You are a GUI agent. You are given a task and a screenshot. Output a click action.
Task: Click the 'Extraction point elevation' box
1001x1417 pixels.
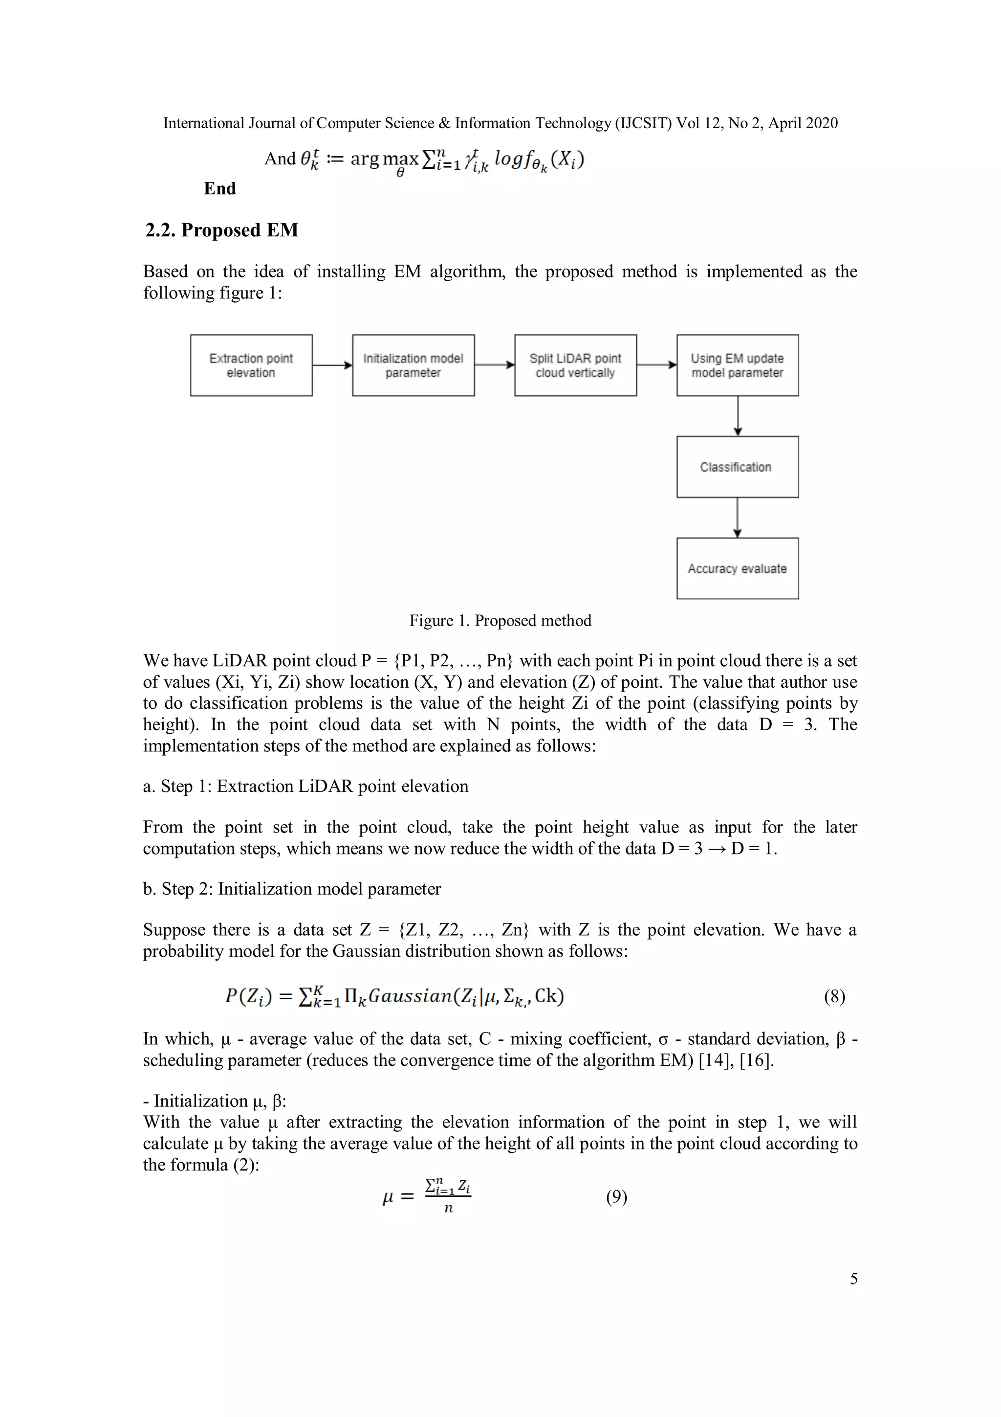pos(251,365)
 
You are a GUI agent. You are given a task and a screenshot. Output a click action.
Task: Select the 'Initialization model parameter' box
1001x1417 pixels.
pos(413,365)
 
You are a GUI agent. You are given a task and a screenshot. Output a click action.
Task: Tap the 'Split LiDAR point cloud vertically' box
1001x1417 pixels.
pos(575,365)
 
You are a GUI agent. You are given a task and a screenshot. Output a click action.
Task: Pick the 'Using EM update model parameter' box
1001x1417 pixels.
pos(737,365)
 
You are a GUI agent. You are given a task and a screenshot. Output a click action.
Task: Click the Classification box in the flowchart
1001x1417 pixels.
pos(737,467)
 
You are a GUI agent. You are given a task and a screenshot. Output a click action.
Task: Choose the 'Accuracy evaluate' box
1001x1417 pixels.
pos(737,568)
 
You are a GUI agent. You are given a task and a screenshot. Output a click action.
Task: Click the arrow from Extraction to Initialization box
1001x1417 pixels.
pos(332,365)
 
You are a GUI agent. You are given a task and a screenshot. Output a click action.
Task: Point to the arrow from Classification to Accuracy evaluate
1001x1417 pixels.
pos(737,517)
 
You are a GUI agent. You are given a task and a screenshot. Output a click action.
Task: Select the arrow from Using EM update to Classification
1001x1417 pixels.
pos(737,416)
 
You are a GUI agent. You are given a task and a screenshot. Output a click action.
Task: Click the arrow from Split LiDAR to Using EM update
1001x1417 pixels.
pos(656,365)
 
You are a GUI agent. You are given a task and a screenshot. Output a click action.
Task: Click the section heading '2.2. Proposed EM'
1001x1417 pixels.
pos(221,230)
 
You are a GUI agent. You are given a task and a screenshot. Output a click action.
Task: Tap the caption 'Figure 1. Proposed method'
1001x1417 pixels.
pos(500,620)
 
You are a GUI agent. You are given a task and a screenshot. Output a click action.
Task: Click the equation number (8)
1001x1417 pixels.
pos(834,997)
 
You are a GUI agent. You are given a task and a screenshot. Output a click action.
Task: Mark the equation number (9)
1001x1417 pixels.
pos(616,1197)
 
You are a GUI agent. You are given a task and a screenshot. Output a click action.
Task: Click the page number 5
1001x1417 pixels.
pos(853,1279)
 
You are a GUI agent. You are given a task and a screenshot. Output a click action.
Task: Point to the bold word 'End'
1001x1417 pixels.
pos(219,188)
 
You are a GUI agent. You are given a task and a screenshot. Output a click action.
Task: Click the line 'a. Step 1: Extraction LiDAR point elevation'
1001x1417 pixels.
pos(305,786)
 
